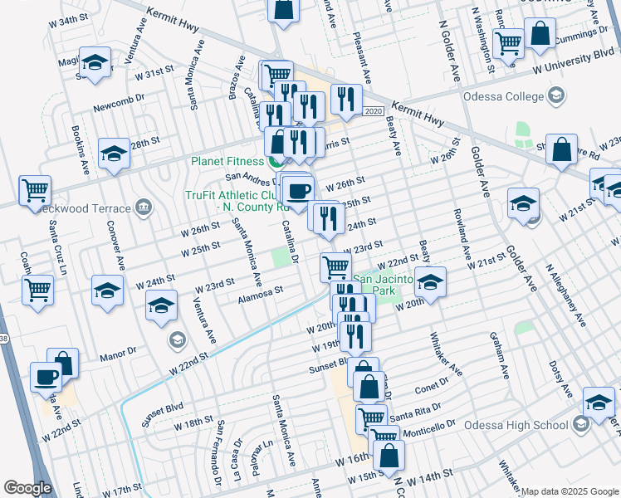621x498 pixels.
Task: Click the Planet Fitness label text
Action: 225,161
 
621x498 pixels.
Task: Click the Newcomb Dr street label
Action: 119,107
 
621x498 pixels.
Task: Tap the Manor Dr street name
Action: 117,354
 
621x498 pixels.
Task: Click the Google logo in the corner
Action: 27,487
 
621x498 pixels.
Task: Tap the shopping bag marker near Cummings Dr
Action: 540,34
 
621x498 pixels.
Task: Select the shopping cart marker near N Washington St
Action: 509,41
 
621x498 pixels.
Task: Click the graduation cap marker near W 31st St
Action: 95,63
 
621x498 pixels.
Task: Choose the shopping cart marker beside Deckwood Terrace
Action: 35,190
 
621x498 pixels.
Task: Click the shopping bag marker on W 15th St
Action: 388,454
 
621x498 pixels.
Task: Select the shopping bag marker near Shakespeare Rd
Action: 562,149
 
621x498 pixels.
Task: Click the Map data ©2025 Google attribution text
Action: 570,491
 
